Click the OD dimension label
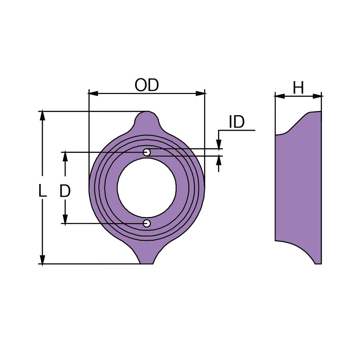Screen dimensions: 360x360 147,85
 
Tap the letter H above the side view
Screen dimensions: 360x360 298,88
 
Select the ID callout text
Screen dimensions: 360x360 237,122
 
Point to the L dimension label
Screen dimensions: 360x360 42,191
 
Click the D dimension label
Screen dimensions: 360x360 65,191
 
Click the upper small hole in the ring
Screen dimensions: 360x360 147,152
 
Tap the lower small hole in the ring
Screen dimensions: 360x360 147,223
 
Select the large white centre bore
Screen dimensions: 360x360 147,188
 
